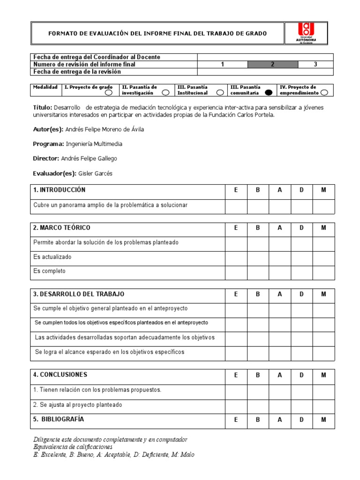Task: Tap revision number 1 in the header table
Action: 223,65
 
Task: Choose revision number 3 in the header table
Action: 315,65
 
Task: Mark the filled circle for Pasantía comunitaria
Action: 269,93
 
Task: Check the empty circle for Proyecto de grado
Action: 108,93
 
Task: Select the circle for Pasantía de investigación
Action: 165,93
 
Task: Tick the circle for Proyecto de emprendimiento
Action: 323,93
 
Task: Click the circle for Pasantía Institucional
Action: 220,93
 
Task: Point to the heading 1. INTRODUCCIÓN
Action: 60,190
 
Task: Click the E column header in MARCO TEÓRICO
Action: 236,228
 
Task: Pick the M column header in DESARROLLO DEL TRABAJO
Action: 323,294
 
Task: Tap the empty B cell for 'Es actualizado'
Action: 258,257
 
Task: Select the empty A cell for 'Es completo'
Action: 280,271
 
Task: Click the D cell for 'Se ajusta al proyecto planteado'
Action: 302,405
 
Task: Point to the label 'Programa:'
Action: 48,144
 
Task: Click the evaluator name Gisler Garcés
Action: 95,173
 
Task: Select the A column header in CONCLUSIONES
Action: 280,375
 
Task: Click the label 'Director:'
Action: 46,158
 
